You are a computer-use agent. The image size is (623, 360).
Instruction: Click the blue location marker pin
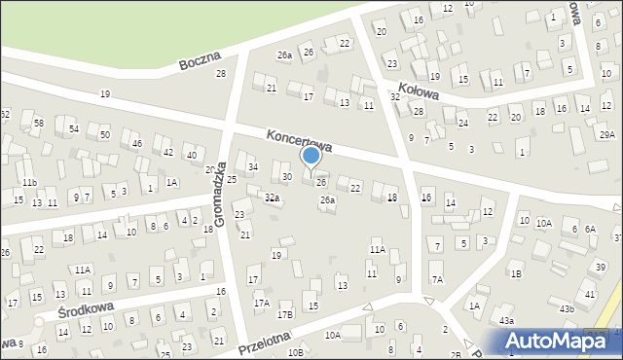point(311,156)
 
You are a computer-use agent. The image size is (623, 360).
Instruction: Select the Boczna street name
point(202,61)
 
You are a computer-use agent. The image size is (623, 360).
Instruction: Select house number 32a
point(273,198)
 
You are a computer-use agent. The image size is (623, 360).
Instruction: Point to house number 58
point(39,124)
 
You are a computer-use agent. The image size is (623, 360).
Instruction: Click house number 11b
point(30,183)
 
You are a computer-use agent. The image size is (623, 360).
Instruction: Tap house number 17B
point(285,314)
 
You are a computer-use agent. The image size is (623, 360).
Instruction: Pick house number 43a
point(505,320)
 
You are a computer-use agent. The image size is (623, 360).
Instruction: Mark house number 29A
point(607,135)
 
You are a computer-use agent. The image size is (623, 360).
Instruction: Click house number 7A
point(438,279)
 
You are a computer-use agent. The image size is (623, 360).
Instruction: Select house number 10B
point(295,351)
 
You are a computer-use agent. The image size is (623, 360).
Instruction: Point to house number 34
point(253,167)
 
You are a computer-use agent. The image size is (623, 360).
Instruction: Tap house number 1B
point(516,274)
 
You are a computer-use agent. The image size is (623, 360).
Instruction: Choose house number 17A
point(262,304)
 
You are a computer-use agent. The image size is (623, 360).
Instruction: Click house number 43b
point(568,308)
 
